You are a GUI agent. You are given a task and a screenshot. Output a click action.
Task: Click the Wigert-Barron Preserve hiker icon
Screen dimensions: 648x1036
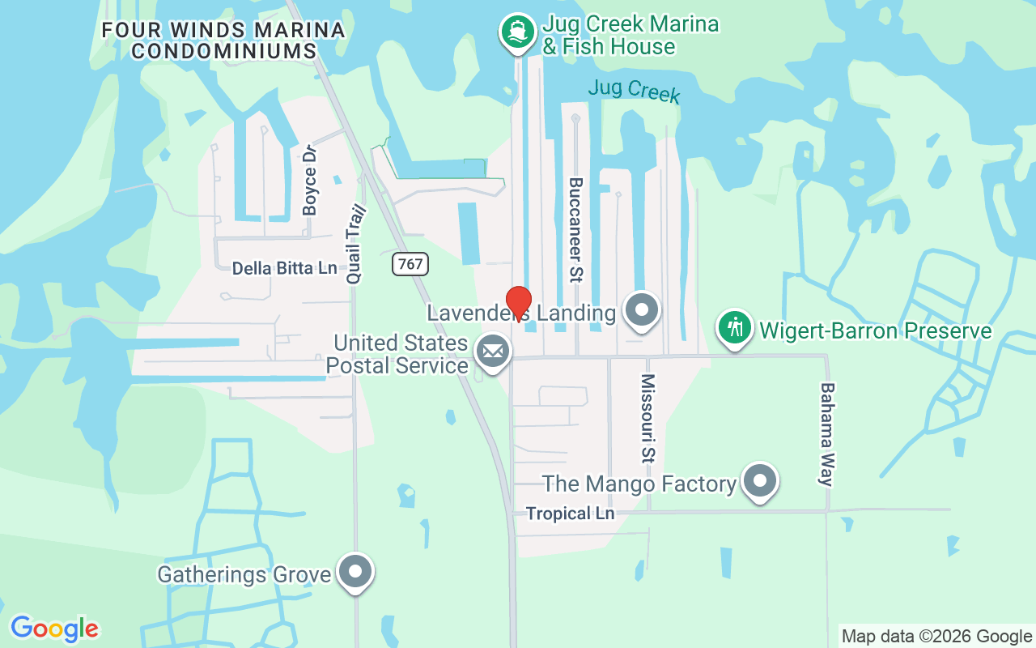735,328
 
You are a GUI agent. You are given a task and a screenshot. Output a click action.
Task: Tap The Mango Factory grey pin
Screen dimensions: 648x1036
760,480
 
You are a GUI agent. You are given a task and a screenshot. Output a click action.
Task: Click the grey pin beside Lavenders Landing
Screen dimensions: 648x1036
643,309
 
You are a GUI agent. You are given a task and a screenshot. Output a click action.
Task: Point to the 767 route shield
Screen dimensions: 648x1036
410,264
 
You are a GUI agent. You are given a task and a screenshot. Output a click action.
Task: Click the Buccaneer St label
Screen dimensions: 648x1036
576,230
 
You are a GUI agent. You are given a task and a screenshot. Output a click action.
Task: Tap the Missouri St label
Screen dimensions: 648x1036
647,418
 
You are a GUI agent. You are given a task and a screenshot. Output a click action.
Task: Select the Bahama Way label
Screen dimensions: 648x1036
826,434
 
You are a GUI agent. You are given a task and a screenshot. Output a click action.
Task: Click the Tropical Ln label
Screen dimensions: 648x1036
570,514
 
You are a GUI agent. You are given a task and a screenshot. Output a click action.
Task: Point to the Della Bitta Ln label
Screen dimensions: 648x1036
284,268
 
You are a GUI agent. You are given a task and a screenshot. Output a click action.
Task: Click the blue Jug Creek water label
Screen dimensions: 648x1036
634,89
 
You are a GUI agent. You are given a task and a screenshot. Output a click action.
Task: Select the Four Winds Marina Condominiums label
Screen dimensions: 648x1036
223,40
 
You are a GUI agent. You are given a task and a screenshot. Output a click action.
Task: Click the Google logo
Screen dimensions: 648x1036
54,629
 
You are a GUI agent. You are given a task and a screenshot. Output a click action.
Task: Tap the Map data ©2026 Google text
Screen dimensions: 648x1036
936,637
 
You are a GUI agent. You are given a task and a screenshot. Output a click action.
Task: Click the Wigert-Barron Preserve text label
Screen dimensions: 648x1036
875,330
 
